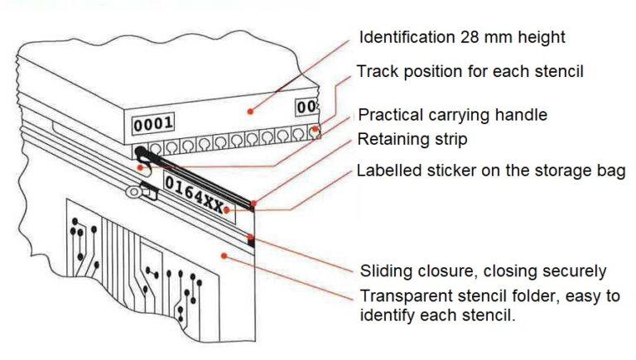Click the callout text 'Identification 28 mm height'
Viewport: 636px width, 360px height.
tap(462, 37)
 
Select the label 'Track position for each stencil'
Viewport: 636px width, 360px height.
tap(470, 71)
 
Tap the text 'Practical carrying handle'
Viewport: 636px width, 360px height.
tap(453, 115)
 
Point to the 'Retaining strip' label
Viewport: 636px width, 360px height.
tap(412, 140)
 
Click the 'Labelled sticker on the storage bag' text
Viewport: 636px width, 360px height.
tap(491, 170)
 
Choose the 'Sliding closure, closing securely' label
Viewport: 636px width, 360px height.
tap(483, 271)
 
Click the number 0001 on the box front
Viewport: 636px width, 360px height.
tap(153, 124)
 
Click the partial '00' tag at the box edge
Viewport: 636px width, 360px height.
tap(306, 107)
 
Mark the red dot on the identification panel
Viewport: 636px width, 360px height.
tap(250, 111)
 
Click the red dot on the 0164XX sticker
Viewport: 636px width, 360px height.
tap(226, 210)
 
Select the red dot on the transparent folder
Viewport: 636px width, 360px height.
tap(224, 256)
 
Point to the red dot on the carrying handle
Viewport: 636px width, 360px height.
tap(140, 167)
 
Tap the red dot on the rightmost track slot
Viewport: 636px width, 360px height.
tap(315, 130)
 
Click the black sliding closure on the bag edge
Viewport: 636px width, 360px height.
tap(251, 240)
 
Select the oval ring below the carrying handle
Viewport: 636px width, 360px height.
tap(132, 192)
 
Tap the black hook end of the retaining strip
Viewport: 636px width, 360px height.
tap(141, 153)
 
